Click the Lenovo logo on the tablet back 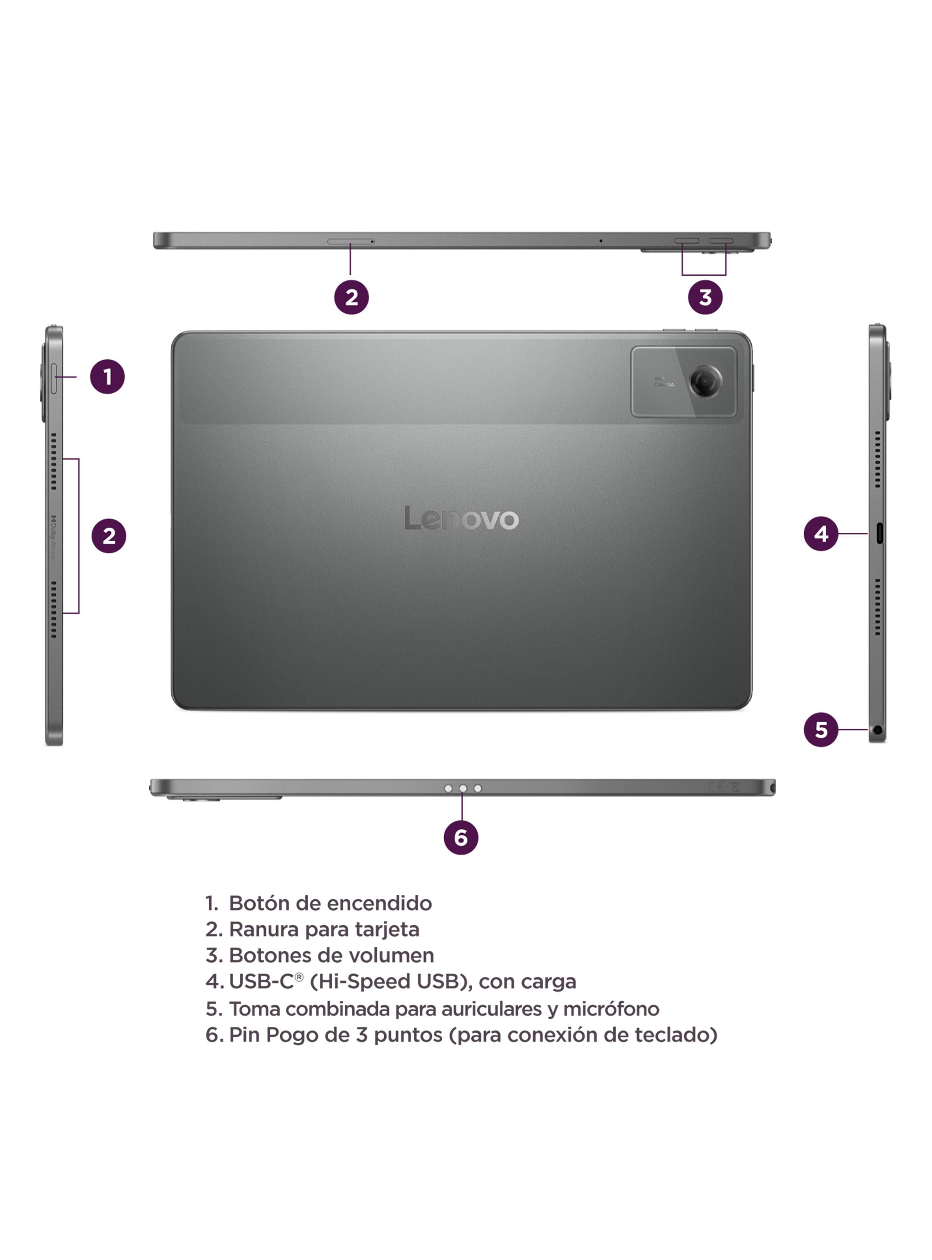[x=461, y=518]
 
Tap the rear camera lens [x=704, y=382]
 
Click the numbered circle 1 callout [x=107, y=376]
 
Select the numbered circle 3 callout [x=704, y=297]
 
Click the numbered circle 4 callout [x=821, y=533]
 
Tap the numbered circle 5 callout [x=821, y=730]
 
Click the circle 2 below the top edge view [x=351, y=297]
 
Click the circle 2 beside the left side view [x=108, y=536]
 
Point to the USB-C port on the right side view [x=879, y=533]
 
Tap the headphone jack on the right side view [x=877, y=730]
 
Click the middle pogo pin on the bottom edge [x=463, y=788]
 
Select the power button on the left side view [x=54, y=379]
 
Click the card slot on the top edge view [x=350, y=242]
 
